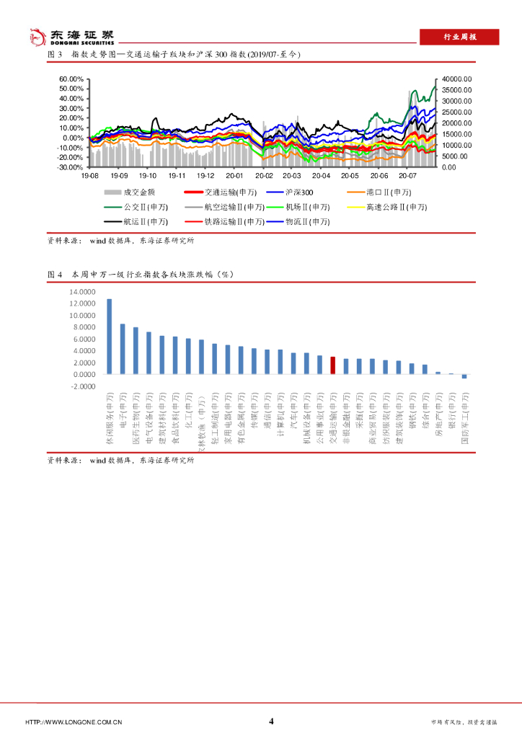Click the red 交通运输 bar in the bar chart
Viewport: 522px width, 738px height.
(332, 365)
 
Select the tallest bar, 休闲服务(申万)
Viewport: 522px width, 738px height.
(109, 337)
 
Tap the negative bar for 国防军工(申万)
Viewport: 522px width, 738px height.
(464, 376)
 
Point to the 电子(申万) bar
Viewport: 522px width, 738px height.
(123, 350)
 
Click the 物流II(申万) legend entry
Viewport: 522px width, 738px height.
(308, 222)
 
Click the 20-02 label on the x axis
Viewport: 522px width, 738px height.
(264, 175)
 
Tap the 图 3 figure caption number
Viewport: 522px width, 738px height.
(56, 55)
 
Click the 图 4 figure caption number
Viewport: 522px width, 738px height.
(56, 275)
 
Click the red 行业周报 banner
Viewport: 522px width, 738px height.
(459, 38)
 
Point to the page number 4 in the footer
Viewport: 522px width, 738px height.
(271, 721)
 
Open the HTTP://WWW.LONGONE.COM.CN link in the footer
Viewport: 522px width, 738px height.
(74, 722)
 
